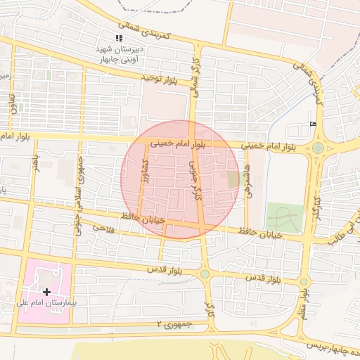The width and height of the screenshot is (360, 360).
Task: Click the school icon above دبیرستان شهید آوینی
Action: pos(118,38)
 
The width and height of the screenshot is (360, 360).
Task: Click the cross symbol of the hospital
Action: pos(46,291)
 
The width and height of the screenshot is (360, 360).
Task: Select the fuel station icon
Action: pos(313,124)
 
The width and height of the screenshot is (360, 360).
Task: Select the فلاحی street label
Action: pos(102,228)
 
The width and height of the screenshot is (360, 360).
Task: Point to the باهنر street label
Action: pos(35,167)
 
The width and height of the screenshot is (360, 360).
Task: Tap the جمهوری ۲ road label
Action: pos(175,323)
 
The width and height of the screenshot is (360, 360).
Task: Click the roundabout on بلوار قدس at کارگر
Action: pos(205,274)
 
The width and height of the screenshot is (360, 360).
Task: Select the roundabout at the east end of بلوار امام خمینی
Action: pos(319,148)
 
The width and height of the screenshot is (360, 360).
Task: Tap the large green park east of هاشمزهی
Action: pos(285,218)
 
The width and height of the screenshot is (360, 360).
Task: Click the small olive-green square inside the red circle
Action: pos(233,180)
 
